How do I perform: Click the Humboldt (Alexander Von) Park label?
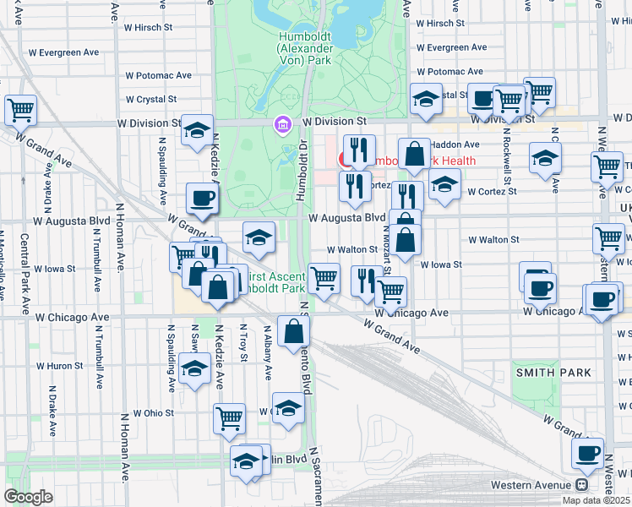tap(305, 49)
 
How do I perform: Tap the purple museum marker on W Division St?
tap(281, 126)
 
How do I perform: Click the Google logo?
tap(28, 496)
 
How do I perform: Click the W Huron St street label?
tap(58, 366)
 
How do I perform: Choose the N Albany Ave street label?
tap(269, 356)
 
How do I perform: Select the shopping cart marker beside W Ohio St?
tap(229, 417)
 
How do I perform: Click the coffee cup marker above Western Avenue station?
tap(587, 452)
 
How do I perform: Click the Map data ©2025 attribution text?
tap(596, 500)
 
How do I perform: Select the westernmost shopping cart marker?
tap(21, 109)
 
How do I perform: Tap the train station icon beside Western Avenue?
tap(581, 485)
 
